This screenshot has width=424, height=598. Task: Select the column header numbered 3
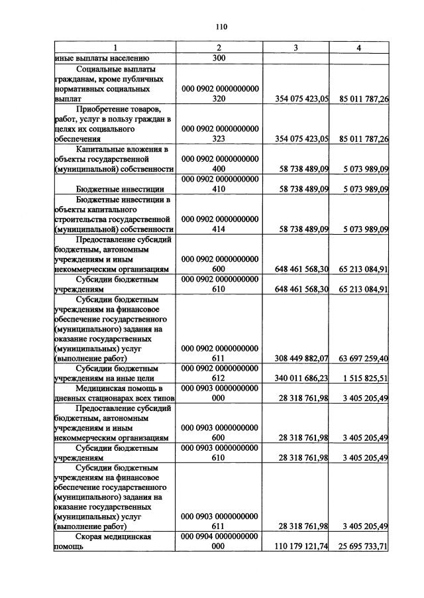(x=296, y=48)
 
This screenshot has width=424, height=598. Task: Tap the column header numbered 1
(x=115, y=48)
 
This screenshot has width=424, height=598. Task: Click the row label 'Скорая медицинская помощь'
(x=113, y=542)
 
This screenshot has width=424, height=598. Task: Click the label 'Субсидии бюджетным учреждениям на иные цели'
(x=115, y=373)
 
